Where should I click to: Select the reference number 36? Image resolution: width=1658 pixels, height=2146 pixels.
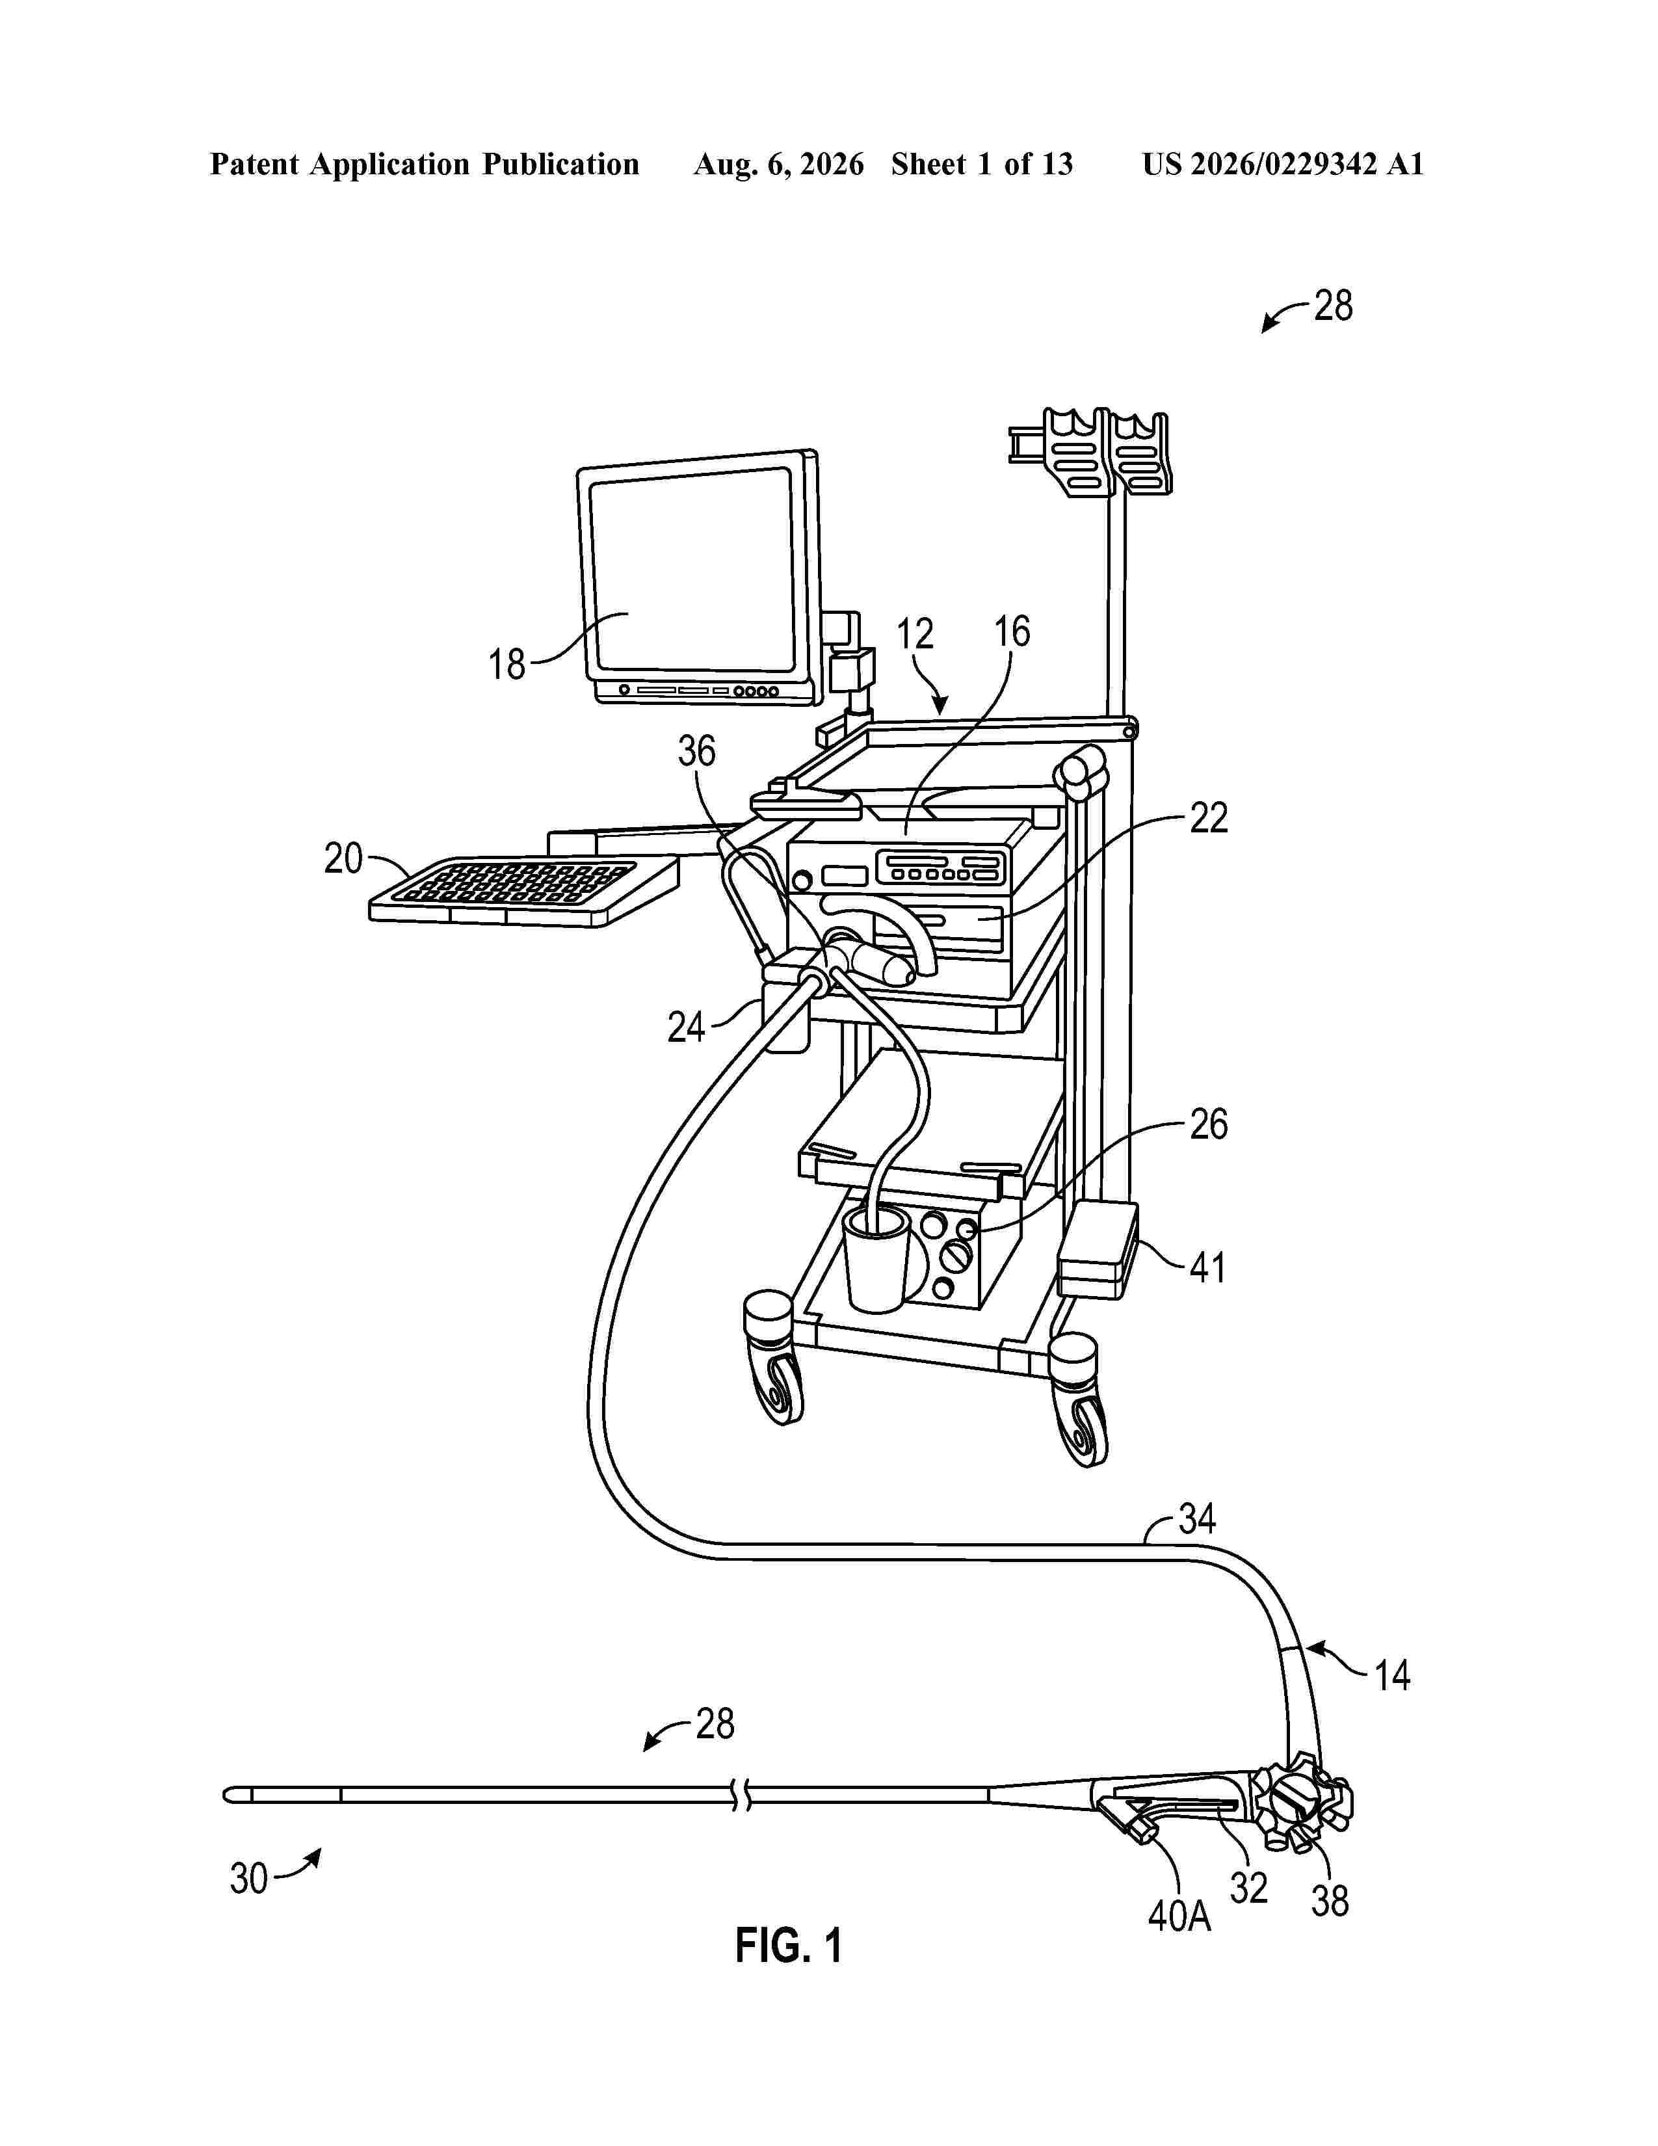point(696,752)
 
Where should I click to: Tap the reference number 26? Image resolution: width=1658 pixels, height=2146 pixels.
point(1208,1124)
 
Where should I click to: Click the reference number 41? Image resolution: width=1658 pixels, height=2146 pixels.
point(1207,1267)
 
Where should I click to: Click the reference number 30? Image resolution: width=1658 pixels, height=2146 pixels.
point(248,1879)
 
